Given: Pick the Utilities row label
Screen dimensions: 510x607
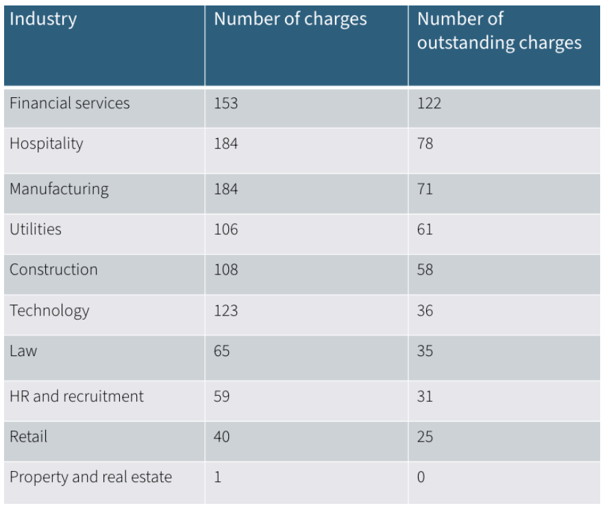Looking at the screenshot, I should [36, 229].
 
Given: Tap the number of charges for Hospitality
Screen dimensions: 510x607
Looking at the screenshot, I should [226, 146].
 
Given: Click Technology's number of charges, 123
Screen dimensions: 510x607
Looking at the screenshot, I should [226, 312].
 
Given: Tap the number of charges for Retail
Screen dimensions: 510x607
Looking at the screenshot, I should [223, 437].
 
